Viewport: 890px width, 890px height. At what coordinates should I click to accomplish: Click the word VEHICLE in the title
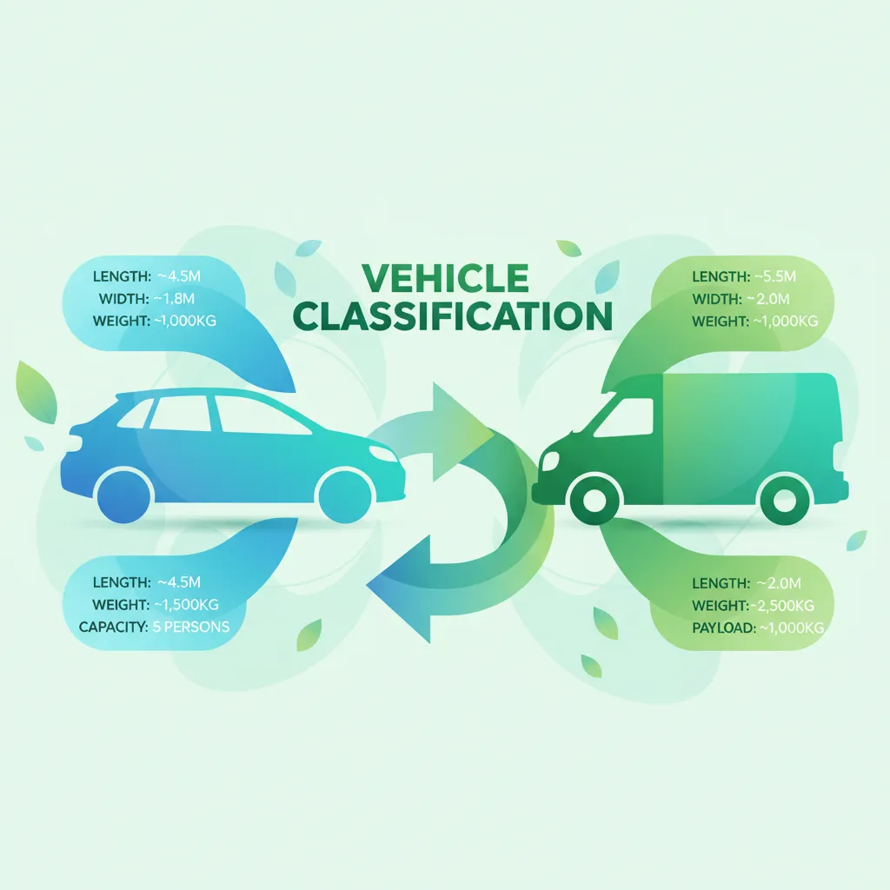click(x=445, y=277)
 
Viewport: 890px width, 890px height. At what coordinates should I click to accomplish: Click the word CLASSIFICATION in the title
click(x=453, y=316)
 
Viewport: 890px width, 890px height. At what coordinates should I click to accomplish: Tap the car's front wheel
click(x=345, y=496)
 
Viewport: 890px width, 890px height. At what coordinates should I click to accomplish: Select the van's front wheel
click(x=594, y=501)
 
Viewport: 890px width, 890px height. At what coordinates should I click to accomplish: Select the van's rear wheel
click(x=785, y=501)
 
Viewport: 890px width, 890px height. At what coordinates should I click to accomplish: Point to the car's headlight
click(x=383, y=454)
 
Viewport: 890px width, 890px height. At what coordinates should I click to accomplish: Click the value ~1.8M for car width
click(x=174, y=299)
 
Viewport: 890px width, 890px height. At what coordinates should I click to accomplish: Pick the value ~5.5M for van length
click(x=775, y=276)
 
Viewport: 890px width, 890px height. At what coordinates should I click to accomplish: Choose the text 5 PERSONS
click(x=191, y=627)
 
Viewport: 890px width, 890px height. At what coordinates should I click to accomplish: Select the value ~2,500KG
click(x=783, y=606)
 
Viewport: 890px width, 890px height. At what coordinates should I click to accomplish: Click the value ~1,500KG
click(x=186, y=605)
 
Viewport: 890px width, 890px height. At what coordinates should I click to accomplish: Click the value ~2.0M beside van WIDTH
click(x=768, y=299)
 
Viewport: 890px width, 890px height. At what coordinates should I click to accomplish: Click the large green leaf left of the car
click(x=37, y=392)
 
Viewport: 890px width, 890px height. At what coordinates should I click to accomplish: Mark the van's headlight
click(x=550, y=461)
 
